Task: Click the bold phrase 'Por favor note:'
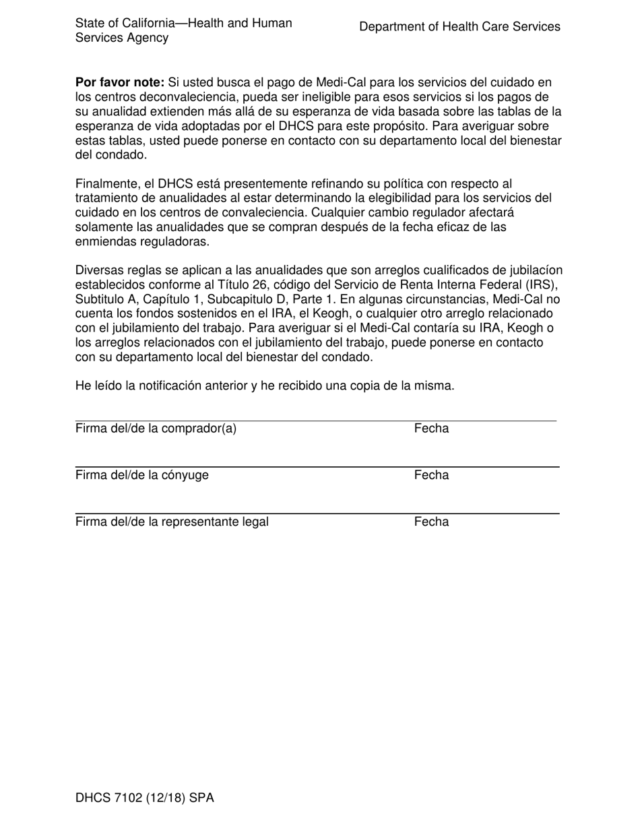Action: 119,82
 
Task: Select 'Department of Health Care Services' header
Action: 459,27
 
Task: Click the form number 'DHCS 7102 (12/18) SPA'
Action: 144,799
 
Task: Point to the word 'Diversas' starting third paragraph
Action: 99,270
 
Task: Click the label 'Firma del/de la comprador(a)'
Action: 156,429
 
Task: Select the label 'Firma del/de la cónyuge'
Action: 142,475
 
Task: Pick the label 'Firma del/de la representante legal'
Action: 172,522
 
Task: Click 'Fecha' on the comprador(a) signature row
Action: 431,429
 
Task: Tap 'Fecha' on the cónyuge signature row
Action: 431,475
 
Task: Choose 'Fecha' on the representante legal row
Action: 431,522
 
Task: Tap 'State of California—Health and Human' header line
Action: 183,23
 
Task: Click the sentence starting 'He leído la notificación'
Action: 265,386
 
